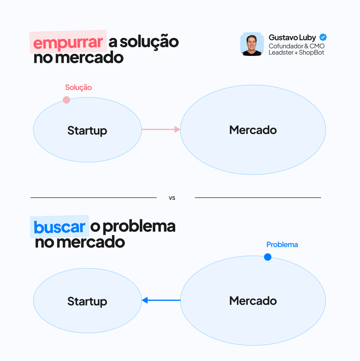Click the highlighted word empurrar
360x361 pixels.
[68, 42]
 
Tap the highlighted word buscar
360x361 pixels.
[59, 227]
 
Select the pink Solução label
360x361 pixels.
[78, 87]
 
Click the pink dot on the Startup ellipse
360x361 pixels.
[66, 100]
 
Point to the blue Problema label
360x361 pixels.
[282, 245]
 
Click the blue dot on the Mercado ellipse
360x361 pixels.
[268, 257]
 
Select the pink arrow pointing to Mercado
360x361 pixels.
[161, 129]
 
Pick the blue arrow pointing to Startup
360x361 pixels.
[161, 300]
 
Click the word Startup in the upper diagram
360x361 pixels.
[87, 131]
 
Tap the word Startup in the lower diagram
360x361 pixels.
[87, 301]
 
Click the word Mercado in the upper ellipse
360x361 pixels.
[253, 130]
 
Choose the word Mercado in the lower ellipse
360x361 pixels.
[253, 301]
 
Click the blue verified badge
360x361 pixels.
[323, 37]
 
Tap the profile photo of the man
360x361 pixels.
[252, 44]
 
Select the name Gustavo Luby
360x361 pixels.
[292, 38]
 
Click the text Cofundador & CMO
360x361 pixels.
[296, 46]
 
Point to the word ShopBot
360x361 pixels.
[311, 53]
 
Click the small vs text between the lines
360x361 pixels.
[172, 198]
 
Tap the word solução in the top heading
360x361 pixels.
[149, 42]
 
